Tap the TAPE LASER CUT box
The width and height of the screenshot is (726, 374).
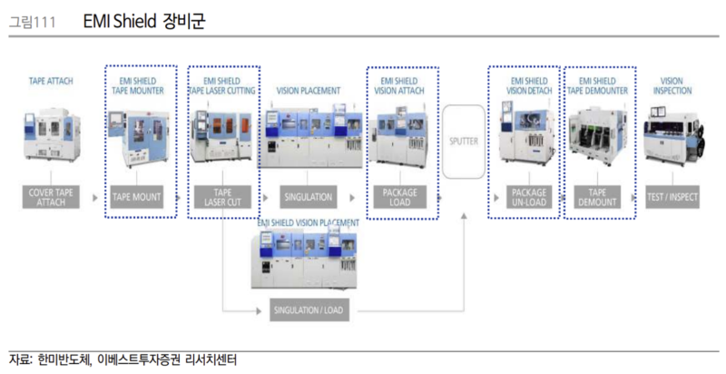click(x=222, y=196)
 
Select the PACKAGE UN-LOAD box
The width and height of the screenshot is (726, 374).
click(x=528, y=196)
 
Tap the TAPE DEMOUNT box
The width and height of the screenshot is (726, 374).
click(x=597, y=196)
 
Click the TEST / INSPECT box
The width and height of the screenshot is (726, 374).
click(x=673, y=196)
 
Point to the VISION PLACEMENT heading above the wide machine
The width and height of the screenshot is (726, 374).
click(x=309, y=91)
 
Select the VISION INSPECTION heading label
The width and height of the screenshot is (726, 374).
click(x=672, y=85)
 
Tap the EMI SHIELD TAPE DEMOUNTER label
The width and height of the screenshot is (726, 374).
click(x=597, y=85)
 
